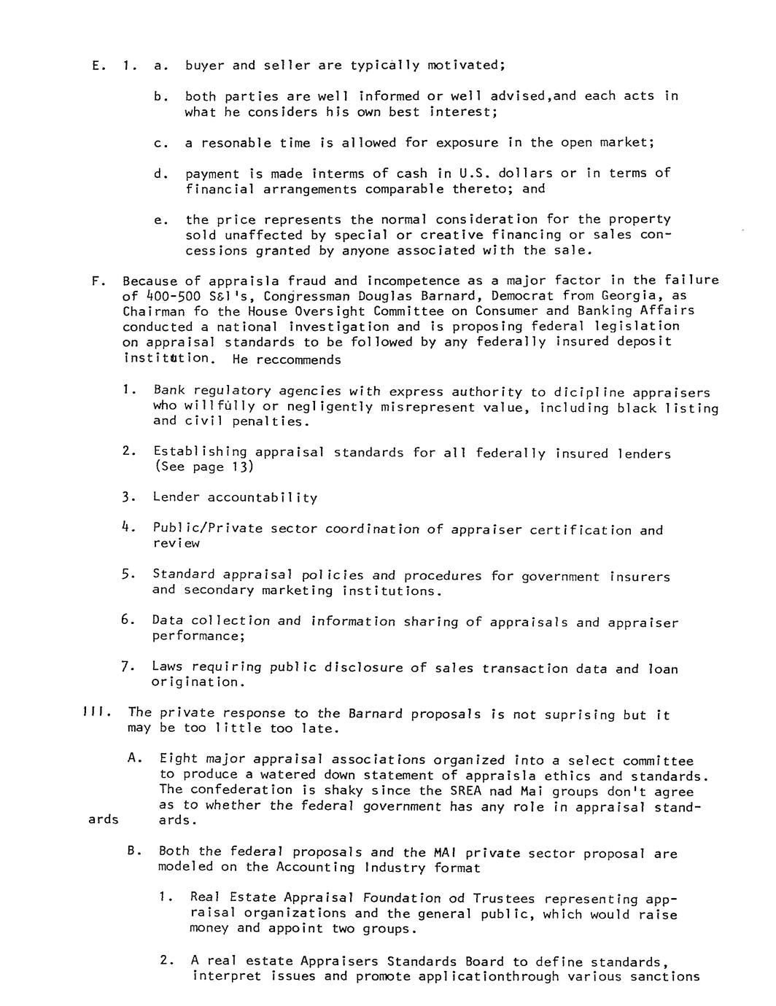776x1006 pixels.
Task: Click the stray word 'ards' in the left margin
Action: [103, 819]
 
